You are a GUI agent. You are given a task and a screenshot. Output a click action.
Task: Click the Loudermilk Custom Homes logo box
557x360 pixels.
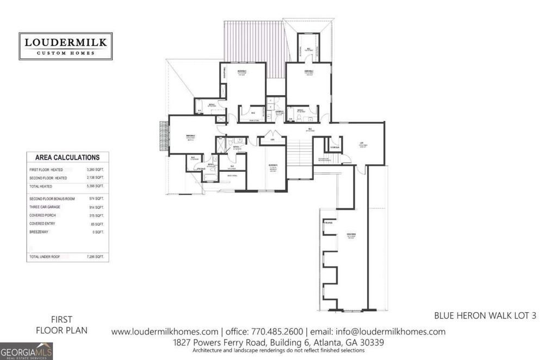pos(65,46)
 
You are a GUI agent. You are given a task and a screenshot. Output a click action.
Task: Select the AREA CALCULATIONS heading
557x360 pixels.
pos(67,158)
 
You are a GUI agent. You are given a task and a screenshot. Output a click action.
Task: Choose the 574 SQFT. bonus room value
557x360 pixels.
pos(96,199)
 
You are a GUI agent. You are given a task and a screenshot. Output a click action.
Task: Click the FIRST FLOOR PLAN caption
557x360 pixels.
pos(61,325)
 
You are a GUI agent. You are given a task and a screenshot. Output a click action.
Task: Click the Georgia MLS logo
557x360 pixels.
pos(26,351)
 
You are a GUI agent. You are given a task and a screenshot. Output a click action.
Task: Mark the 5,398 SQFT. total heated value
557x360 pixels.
pos(95,186)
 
